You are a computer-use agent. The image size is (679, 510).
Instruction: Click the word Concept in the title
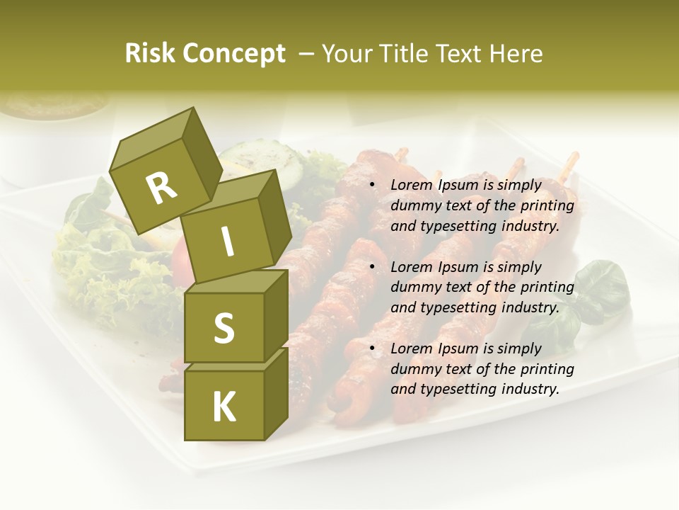pos(234,54)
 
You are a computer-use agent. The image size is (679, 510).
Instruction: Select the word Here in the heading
pos(516,54)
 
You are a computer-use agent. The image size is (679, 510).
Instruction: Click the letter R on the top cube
pos(161,188)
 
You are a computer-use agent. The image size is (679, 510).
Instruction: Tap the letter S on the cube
pos(224,329)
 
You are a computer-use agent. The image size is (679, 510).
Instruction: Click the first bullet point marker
pos(372,186)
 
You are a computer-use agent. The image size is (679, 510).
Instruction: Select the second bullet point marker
pos(372,267)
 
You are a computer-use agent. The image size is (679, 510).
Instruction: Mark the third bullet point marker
pos(372,348)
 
